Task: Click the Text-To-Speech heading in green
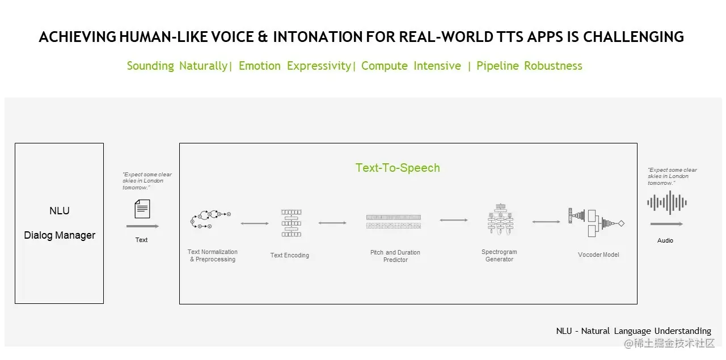coord(398,168)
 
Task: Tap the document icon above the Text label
coord(142,209)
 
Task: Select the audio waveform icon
coord(667,202)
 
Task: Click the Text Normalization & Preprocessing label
coord(213,256)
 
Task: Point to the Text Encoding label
coord(290,255)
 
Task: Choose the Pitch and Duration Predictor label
coord(395,256)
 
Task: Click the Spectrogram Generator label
coord(499,256)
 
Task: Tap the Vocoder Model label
coord(598,255)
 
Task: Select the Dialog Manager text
coord(60,235)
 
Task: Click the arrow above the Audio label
coord(666,225)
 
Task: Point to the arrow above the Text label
coord(142,226)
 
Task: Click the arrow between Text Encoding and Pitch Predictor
coord(332,223)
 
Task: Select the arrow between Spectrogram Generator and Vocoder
coord(546,222)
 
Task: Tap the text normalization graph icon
coord(210,218)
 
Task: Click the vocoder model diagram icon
coord(596,222)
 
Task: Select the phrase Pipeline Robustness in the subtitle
coord(529,66)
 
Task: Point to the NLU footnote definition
coord(633,331)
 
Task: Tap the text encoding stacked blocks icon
coord(290,223)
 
